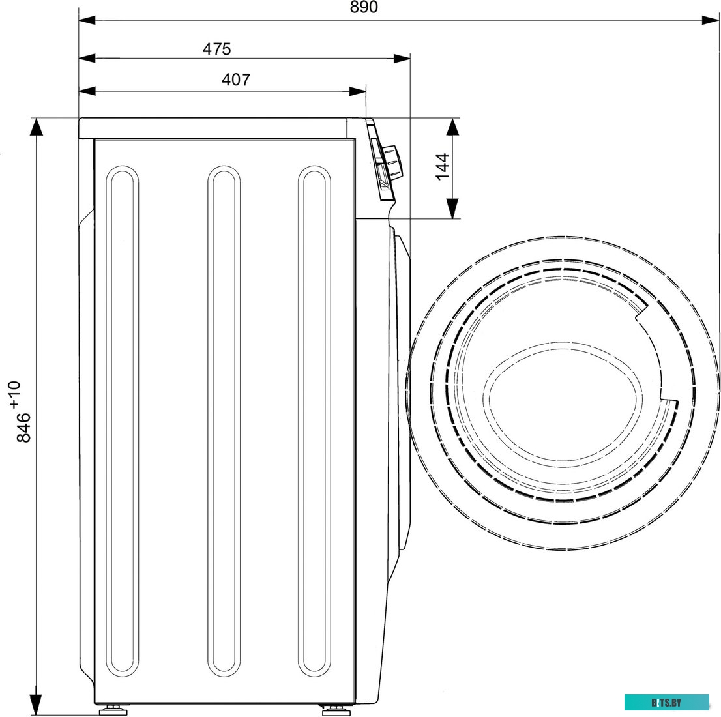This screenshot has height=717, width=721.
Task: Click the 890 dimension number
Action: pos(364,7)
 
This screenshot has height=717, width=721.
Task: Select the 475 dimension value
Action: pos(216,49)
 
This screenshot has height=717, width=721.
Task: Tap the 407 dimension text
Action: pos(236,80)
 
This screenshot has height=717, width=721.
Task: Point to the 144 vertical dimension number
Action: pos(442,167)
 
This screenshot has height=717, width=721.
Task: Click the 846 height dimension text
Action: pos(24,428)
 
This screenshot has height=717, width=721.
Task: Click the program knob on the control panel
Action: pos(392,163)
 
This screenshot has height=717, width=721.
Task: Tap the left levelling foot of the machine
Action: pos(110,710)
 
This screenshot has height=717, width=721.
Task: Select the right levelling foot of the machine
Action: pos(333,710)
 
